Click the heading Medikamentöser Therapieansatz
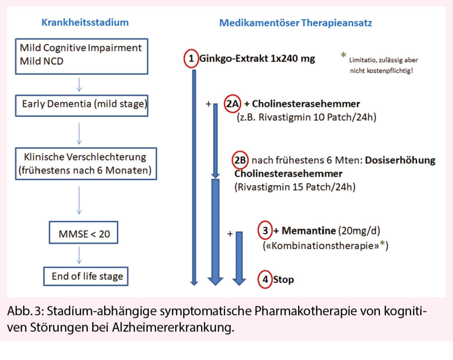point(296,23)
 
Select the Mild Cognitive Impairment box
point(81,55)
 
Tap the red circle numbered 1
point(191,59)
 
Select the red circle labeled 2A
point(234,104)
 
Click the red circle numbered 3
point(265,231)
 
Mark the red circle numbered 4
point(265,280)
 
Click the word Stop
point(284,280)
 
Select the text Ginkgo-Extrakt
point(233,59)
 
